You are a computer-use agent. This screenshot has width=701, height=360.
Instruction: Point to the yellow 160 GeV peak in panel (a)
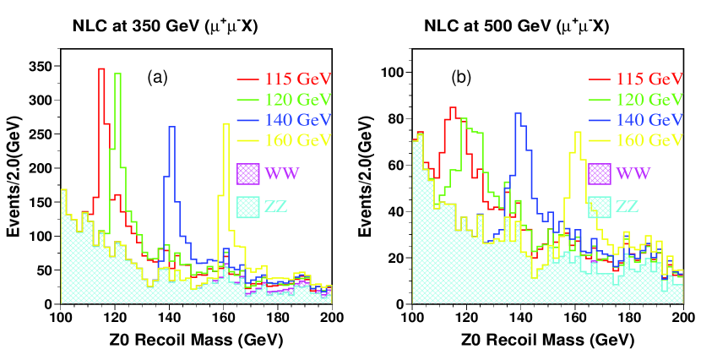[226, 124]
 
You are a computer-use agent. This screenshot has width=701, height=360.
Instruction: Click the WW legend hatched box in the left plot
[248, 173]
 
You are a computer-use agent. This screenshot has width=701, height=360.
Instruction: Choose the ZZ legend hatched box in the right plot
[599, 206]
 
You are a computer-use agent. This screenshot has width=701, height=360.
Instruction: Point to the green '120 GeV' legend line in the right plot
[598, 100]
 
